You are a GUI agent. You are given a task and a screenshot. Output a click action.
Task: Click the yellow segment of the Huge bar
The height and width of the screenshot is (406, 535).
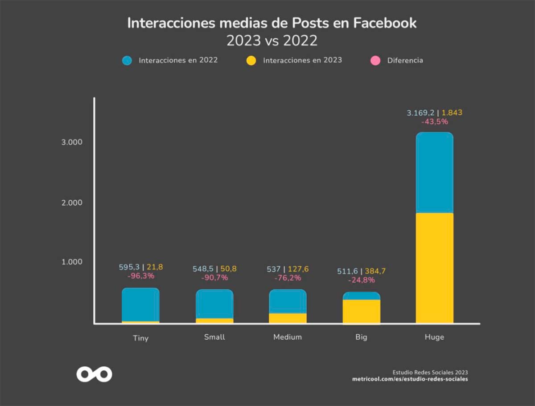pos(434,267)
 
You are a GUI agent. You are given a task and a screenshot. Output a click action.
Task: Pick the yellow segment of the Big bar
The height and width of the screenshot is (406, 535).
pos(361,311)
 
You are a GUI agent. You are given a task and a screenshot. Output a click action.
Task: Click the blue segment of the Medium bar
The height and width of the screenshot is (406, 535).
pos(288,301)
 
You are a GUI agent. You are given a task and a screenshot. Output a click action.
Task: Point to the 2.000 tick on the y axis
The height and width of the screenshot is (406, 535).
pos(72,203)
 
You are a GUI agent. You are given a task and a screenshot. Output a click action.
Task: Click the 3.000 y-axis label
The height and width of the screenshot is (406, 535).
pos(72,142)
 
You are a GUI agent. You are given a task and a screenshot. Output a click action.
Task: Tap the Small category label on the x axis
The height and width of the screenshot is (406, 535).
pos(214,337)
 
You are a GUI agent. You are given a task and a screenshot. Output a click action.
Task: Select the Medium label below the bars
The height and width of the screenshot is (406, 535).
pos(288,337)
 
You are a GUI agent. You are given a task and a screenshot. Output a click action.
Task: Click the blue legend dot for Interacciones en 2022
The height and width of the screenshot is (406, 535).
pos(127,61)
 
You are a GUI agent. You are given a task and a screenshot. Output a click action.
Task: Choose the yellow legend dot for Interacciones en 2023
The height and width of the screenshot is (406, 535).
pos(251,61)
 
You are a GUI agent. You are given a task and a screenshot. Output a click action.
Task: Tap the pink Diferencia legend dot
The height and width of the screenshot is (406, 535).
pos(375,61)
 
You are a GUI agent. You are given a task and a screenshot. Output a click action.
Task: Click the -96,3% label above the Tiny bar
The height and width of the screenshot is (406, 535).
pos(141,276)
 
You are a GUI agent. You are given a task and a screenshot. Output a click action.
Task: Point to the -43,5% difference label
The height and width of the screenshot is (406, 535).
pos(434,122)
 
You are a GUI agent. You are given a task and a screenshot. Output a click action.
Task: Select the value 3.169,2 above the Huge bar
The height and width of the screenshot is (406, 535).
pos(420,113)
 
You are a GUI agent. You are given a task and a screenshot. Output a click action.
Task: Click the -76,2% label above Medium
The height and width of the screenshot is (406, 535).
pos(288,278)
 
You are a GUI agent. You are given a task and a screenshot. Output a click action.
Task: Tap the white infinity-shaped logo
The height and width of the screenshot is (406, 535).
pos(94,374)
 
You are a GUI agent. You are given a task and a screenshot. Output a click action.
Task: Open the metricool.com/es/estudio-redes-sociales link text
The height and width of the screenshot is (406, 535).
pos(410,379)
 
